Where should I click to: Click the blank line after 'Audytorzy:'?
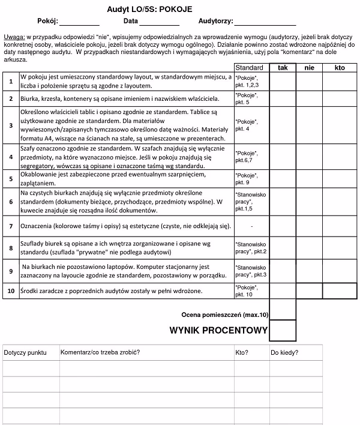265,22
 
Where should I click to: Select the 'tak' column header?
283,68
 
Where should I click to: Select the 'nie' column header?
309,68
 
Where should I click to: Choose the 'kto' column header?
340,68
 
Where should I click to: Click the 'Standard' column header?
249,68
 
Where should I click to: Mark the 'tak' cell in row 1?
283,81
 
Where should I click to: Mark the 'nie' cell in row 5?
309,178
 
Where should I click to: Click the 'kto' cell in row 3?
340,124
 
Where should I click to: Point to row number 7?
11,226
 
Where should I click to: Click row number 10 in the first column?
11,291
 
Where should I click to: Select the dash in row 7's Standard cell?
251,226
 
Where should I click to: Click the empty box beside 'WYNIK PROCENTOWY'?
283,331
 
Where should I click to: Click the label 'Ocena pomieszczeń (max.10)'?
224,315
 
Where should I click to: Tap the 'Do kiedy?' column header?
284,352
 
